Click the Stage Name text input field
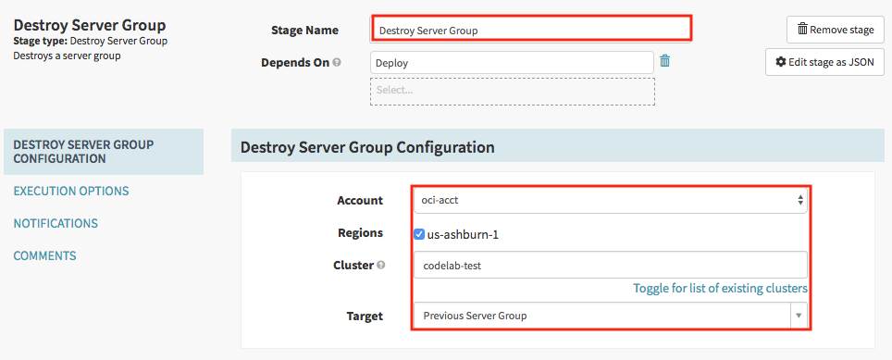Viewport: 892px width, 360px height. tap(531, 30)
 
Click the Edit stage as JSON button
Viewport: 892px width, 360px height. tap(824, 62)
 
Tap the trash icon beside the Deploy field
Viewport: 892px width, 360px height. tap(664, 61)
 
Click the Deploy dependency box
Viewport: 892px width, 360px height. tap(512, 63)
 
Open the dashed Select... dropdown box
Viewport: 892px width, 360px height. tap(513, 91)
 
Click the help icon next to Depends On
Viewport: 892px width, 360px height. tap(337, 63)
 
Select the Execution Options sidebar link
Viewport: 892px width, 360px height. tap(71, 191)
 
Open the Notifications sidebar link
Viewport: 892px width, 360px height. tap(56, 224)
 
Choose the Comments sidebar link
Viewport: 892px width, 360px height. tap(45, 256)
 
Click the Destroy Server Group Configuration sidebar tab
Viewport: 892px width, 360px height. tap(104, 152)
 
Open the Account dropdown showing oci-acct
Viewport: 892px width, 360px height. tap(610, 200)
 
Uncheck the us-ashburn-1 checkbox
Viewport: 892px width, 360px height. tap(419, 234)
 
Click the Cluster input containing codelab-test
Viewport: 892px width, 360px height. tap(610, 265)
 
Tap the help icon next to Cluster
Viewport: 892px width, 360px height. tap(380, 265)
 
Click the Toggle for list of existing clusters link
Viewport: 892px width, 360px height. tap(720, 289)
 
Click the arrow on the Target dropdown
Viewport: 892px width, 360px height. tap(799, 316)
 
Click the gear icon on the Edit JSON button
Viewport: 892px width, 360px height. tap(781, 62)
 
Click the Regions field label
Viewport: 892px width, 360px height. tap(360, 232)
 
